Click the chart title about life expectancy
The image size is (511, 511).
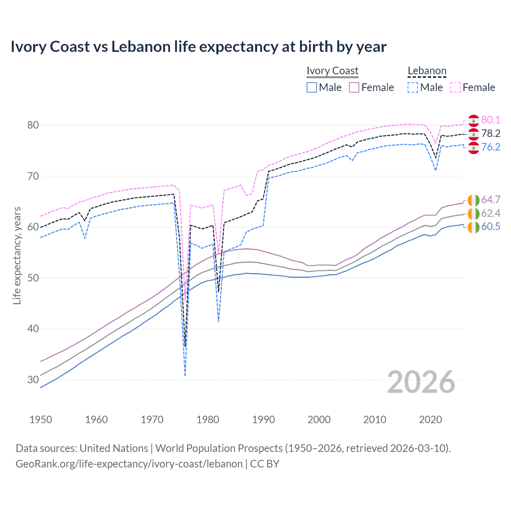coord(198,47)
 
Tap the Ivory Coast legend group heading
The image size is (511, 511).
coord(332,71)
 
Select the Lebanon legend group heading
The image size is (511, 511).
coord(427,71)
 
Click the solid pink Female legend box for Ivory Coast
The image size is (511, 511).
coord(354,87)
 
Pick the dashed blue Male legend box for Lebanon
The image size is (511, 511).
coord(413,87)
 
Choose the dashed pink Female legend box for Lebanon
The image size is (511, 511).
coord(456,87)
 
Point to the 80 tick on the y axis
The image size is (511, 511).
coord(33,125)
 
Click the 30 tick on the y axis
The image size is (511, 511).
coord(33,380)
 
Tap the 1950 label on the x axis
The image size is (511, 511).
coord(41,420)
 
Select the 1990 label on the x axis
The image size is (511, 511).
coord(263,420)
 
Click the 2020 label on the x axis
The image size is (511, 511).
coord(430,420)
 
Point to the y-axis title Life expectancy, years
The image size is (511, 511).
coord(17,255)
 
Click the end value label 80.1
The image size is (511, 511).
coord(491,120)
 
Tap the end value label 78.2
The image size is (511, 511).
coord(491,133)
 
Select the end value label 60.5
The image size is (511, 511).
coord(491,227)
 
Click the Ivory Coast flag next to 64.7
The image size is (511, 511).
coord(473,200)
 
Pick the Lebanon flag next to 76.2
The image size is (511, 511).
coord(473,147)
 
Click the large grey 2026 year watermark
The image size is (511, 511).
coord(421,382)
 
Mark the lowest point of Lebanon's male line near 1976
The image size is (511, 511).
coord(185,375)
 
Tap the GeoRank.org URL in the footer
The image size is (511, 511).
coord(129,464)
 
